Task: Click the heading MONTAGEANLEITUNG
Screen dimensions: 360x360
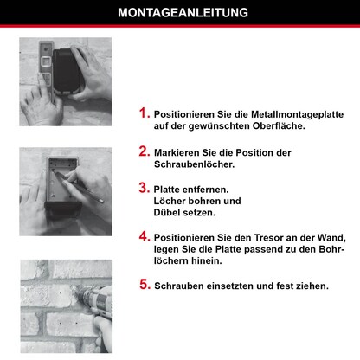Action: pyautogui.click(x=180, y=13)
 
